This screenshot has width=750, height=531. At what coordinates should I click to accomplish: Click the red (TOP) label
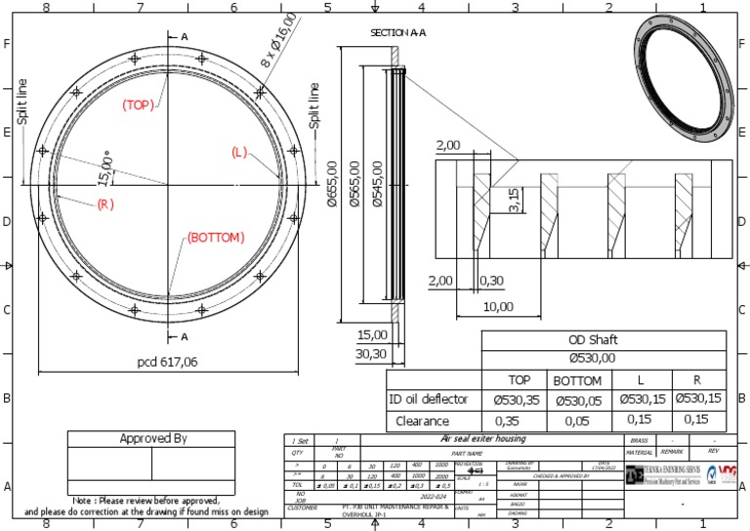pyautogui.click(x=138, y=105)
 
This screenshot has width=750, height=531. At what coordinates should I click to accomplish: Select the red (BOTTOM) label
pyautogui.click(x=216, y=238)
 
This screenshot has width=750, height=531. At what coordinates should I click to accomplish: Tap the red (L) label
pyautogui.click(x=239, y=153)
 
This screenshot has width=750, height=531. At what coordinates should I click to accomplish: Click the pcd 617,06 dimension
pyautogui.click(x=168, y=362)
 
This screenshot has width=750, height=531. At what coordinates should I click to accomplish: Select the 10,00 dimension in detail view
pyautogui.click(x=497, y=306)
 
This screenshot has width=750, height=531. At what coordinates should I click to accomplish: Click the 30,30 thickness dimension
pyautogui.click(x=371, y=355)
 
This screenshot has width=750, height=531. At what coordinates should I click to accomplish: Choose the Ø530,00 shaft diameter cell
pyautogui.click(x=604, y=359)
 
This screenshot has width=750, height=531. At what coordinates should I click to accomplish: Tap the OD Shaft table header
pyautogui.click(x=604, y=340)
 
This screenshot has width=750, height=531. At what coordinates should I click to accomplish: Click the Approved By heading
pyautogui.click(x=151, y=438)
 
